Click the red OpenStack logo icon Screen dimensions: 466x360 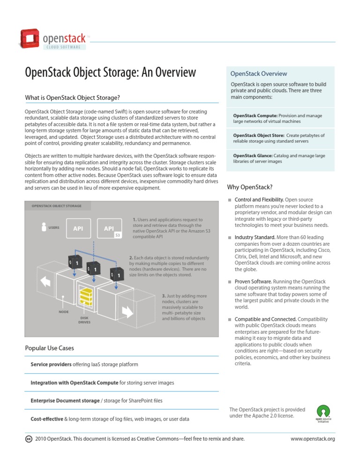[x=30, y=39]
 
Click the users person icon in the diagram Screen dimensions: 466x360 [x=44, y=226]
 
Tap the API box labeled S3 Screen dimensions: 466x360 [x=109, y=229]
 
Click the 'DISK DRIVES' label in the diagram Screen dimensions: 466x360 [x=84, y=320]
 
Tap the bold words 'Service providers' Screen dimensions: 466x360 [x=51, y=364]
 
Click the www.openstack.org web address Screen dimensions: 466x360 [x=312, y=439]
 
